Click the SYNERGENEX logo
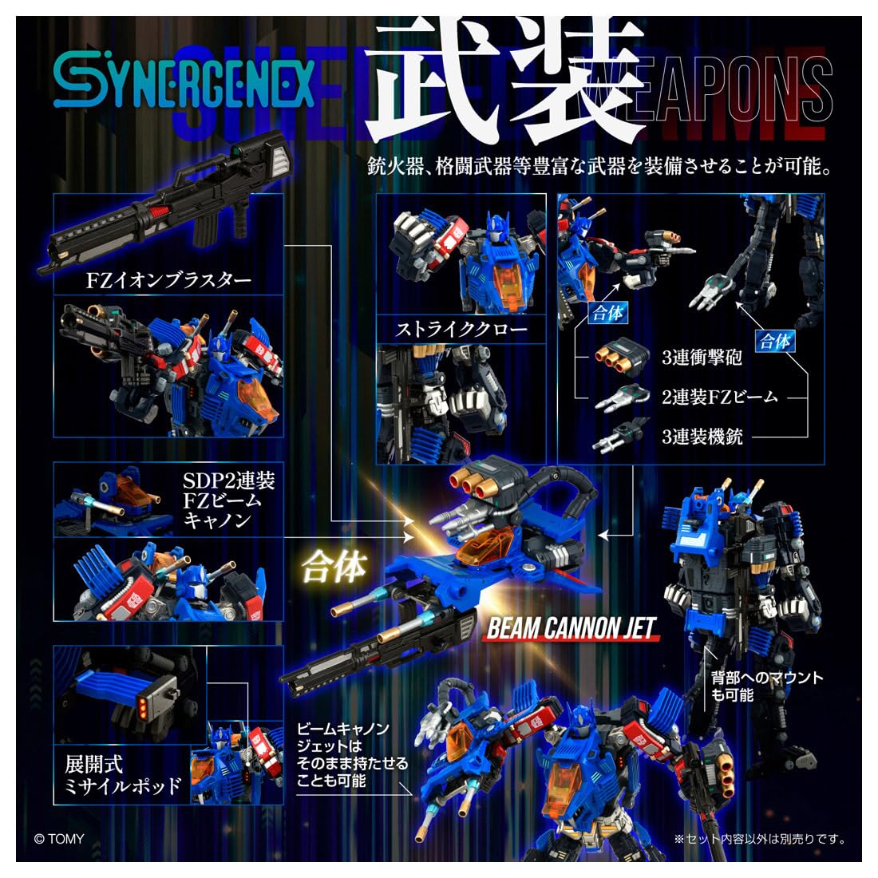pyautogui.click(x=184, y=85)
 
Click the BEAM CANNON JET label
pyautogui.click(x=571, y=629)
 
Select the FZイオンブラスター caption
pyautogui.click(x=168, y=280)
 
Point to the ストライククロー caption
pyautogui.click(x=461, y=328)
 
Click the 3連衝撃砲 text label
pyautogui.click(x=702, y=357)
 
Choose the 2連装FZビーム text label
pyautogui.click(x=718, y=396)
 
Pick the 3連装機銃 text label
pyautogui.click(x=702, y=436)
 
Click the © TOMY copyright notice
pyautogui.click(x=59, y=839)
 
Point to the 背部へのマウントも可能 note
pyautogui.click(x=767, y=686)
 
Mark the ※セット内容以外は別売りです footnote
pyautogui.click(x=759, y=839)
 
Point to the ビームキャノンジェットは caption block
pyautogui.click(x=351, y=755)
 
